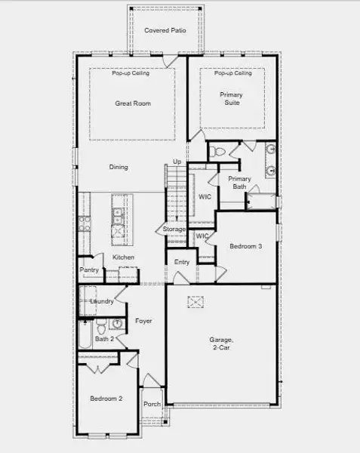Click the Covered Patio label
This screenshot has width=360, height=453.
165,29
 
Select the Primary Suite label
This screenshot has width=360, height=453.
231,98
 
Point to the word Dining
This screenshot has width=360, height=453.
118,167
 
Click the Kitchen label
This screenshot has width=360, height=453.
124,257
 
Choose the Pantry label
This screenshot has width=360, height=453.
88,270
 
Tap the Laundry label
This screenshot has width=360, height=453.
102,301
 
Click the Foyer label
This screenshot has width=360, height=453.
143,321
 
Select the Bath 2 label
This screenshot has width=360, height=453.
105,339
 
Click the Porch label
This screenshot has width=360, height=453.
152,404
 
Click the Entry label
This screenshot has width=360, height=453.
182,262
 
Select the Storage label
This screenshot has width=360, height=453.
174,229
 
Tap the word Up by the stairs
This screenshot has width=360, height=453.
177,162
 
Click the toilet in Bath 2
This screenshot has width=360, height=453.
117,325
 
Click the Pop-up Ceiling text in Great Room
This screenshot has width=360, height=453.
131,73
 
